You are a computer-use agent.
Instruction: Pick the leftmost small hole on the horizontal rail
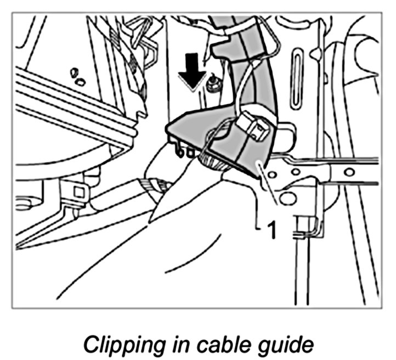click(x=279, y=174)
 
